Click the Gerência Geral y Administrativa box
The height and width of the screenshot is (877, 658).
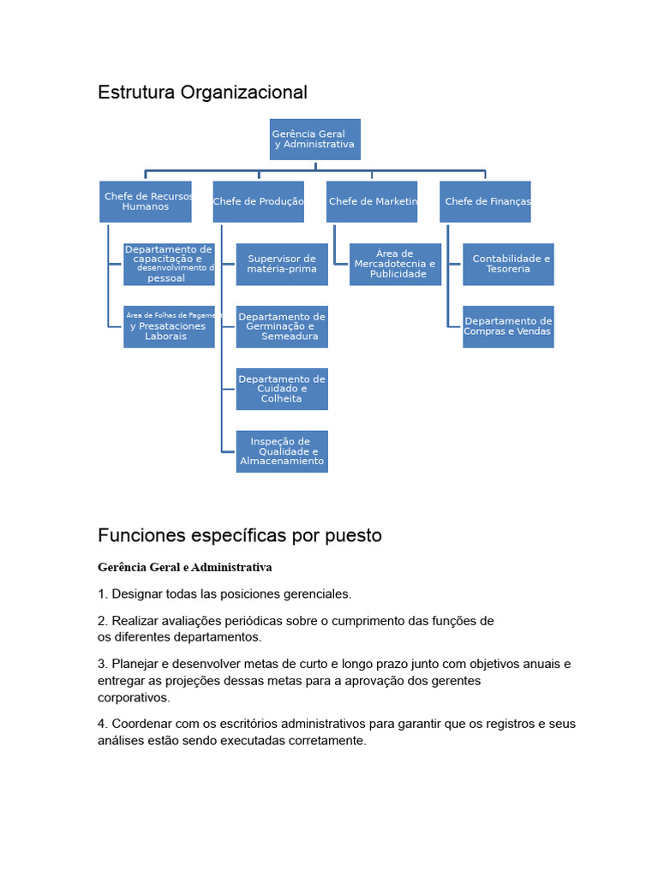314,139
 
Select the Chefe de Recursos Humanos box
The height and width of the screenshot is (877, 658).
145,201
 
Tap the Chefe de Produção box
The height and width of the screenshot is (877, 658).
258,201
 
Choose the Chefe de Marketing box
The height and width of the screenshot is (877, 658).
372,201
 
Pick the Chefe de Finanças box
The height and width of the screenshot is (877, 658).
485,201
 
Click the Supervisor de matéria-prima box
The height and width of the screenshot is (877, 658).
282,264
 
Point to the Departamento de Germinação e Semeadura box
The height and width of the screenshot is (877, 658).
282,326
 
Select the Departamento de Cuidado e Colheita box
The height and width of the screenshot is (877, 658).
282,389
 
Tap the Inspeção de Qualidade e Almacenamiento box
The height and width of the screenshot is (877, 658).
282,451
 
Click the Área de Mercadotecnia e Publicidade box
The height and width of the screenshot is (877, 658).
395,264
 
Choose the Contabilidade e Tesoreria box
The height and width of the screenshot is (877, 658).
508,264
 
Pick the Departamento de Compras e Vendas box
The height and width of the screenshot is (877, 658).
508,326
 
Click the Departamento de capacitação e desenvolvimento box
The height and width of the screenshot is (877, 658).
169,264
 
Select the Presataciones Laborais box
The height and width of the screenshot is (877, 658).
169,326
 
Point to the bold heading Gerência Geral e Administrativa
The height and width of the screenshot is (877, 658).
184,568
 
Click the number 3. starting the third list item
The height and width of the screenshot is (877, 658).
103,664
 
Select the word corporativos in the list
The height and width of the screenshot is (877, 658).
134,698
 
